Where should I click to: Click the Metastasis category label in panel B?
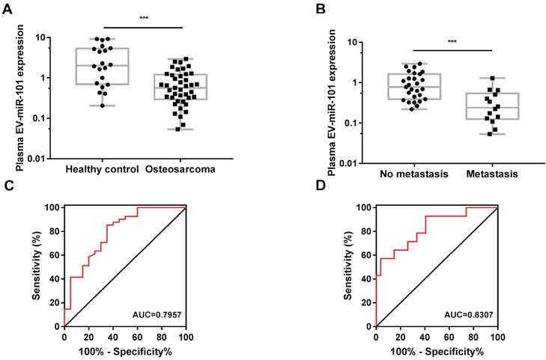[x=491, y=174]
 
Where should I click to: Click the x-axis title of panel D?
[x=435, y=350]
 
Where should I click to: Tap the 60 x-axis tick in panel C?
[x=136, y=334]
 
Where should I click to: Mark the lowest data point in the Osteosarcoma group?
[x=178, y=129]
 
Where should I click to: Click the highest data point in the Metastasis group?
[x=492, y=78]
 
